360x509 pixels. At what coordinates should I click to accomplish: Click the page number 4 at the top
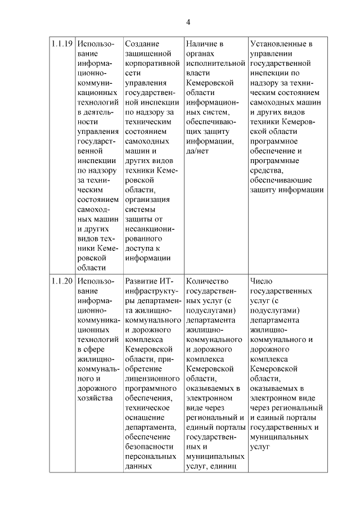pos(188,22)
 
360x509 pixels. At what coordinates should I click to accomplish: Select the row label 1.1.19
pos(60,44)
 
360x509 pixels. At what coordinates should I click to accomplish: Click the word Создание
pos(142,44)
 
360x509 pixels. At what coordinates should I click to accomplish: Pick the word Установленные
pos(278,44)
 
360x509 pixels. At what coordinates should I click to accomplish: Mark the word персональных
pos(148,456)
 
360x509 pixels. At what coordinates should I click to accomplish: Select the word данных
pos(139,466)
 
